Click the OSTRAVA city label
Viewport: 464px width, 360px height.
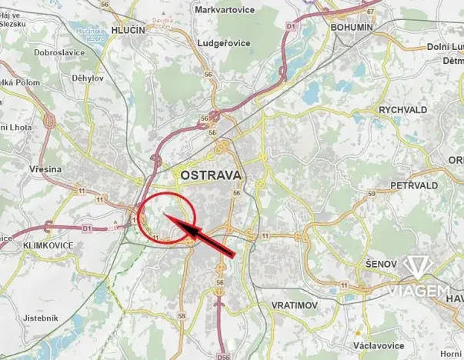(211, 175)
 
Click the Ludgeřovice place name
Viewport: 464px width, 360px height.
(224, 43)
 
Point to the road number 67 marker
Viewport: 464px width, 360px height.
(370, 12)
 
